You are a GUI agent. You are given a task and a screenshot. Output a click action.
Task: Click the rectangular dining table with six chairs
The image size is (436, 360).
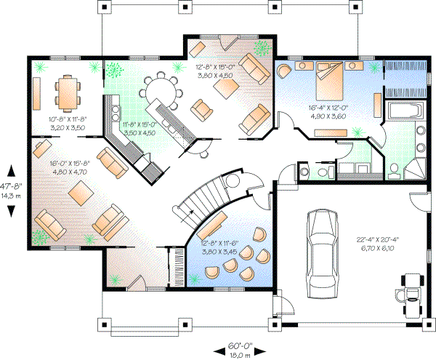[x=66, y=92]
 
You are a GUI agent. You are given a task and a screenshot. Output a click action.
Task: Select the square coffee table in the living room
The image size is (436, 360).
[x=80, y=194]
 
